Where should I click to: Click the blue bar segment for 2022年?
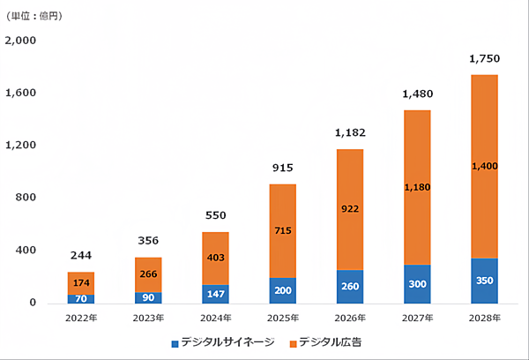click(81, 298)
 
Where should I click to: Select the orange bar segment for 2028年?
click(485, 167)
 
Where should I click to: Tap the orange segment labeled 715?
click(283, 231)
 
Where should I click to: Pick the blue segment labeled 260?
click(350, 287)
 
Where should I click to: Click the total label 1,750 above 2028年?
click(485, 59)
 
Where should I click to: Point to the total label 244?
click(81, 256)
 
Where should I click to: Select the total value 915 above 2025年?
click(283, 168)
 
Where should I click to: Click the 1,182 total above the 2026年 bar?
click(350, 133)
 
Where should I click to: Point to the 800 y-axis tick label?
click(26, 198)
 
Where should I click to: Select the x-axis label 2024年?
click(216, 318)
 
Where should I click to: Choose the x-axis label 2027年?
click(418, 318)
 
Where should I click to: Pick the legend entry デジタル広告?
click(326, 341)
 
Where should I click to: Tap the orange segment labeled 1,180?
click(418, 187)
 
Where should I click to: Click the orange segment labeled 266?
click(148, 274)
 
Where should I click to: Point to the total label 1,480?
click(418, 94)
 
